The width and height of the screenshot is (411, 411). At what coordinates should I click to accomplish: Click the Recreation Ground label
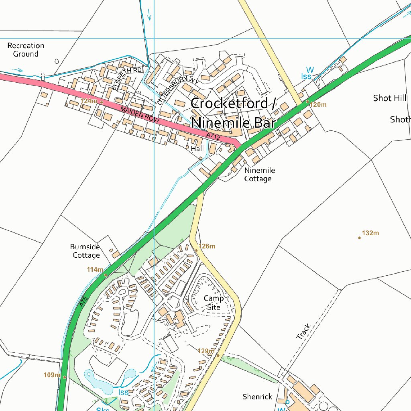point(26,50)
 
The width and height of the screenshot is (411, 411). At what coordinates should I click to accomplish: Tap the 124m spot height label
point(89,101)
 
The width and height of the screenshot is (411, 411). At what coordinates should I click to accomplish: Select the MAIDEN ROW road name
point(140,114)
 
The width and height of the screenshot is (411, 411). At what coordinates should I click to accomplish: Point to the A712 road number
point(214,136)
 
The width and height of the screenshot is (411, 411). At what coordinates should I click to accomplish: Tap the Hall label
point(197,149)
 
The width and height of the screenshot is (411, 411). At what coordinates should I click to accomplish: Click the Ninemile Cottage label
point(259,175)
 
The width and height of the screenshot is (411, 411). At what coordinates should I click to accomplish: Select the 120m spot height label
point(318,105)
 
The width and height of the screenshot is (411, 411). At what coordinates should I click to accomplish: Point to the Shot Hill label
point(389,98)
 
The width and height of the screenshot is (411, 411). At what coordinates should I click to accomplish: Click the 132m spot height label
point(370,233)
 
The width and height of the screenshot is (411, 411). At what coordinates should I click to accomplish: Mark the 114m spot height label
point(95,269)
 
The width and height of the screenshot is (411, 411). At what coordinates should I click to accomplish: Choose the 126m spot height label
point(207,246)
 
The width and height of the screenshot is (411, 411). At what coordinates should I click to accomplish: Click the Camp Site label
point(214,303)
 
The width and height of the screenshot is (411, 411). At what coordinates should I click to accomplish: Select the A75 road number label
point(83,302)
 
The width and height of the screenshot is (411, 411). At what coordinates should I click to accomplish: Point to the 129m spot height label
point(206,351)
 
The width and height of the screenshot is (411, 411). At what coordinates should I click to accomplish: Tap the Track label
point(303,332)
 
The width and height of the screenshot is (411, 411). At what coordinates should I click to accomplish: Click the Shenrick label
point(257,397)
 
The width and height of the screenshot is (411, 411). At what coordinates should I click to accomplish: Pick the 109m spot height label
point(52,375)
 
